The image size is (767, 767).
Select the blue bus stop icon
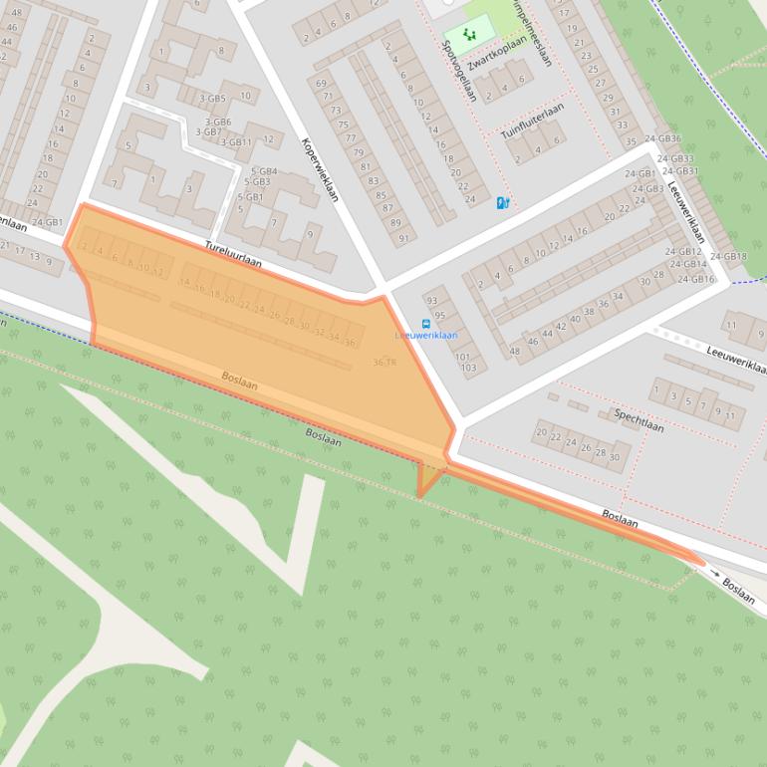point(426,324)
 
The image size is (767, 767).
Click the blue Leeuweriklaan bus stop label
point(426,336)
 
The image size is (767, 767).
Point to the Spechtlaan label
point(639,419)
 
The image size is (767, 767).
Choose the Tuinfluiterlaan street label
point(533,119)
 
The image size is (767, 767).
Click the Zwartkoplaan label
point(496,52)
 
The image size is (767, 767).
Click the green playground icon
point(469,34)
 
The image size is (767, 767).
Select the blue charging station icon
point(503,203)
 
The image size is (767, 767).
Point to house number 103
point(468,368)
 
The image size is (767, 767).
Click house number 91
point(403,238)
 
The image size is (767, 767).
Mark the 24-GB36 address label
point(662,138)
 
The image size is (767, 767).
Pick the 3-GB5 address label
point(212,99)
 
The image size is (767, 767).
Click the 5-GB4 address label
point(264,171)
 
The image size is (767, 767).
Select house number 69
point(322,83)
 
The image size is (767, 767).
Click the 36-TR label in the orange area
point(384,363)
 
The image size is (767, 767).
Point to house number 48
point(515,351)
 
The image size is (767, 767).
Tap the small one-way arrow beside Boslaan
point(714,575)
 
